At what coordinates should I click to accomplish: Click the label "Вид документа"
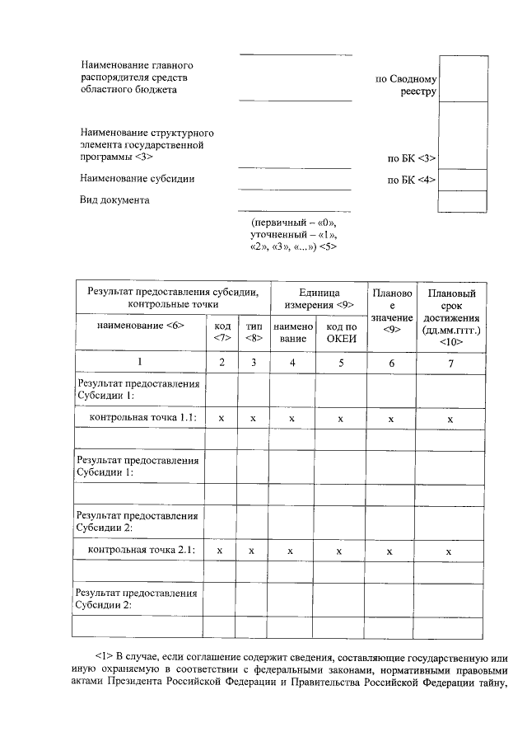click(x=114, y=200)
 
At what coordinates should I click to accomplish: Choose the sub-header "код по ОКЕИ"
click(x=340, y=331)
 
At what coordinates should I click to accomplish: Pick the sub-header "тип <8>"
click(x=254, y=331)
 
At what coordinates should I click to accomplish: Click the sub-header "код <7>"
click(x=222, y=331)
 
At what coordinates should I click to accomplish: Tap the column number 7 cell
click(x=450, y=363)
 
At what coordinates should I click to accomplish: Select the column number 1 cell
click(x=140, y=363)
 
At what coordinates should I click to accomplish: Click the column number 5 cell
click(x=340, y=363)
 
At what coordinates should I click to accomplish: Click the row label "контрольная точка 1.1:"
click(x=142, y=419)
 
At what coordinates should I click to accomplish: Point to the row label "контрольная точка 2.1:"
click(x=142, y=550)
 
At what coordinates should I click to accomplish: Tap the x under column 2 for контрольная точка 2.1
click(x=219, y=551)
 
